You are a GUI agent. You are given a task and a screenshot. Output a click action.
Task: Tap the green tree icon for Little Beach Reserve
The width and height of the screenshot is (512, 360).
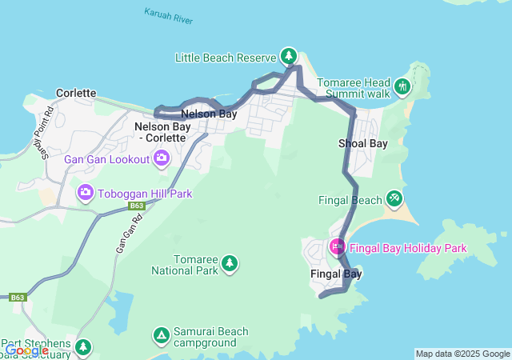(x=288, y=56)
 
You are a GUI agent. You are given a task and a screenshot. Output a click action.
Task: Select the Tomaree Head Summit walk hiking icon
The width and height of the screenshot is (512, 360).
(x=402, y=85)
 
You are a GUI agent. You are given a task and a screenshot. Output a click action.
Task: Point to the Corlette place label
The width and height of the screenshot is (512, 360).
(x=76, y=94)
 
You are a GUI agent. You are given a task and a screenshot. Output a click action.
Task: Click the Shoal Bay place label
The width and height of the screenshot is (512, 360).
(x=362, y=143)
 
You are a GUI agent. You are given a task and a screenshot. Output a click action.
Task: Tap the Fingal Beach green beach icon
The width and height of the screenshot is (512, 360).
(x=394, y=198)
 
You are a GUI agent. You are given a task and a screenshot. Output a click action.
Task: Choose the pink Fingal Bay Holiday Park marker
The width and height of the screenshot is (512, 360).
(x=337, y=247)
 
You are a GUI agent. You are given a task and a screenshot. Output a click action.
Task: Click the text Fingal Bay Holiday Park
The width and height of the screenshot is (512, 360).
(x=408, y=248)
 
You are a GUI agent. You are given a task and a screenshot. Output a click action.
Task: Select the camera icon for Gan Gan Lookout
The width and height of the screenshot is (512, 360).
(x=162, y=158)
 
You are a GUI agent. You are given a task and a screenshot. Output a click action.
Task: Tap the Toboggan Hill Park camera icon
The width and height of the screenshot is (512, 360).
(x=85, y=192)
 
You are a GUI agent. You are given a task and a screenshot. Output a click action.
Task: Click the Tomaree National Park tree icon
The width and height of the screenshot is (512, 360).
(x=230, y=263)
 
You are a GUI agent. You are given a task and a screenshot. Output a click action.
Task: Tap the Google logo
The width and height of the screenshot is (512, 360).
(x=26, y=350)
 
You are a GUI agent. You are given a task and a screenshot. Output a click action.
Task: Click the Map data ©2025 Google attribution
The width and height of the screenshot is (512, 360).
(x=462, y=354)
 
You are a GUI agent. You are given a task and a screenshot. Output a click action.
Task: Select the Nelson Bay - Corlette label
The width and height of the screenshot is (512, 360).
(x=166, y=132)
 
